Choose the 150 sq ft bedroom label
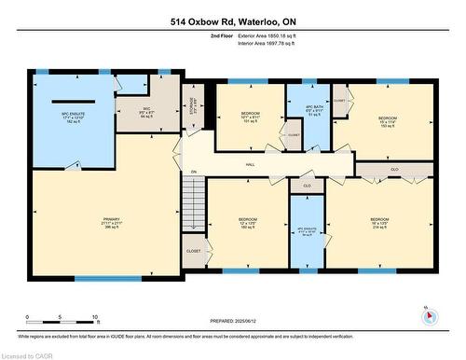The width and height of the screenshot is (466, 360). [387, 122]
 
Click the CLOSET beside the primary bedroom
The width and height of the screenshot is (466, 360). [193, 251]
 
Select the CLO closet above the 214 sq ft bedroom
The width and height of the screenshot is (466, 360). [394, 170]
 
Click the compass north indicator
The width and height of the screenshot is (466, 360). [429, 314]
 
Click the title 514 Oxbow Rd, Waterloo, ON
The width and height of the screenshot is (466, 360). [232, 21]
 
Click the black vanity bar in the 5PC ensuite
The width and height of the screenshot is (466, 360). [73, 100]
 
